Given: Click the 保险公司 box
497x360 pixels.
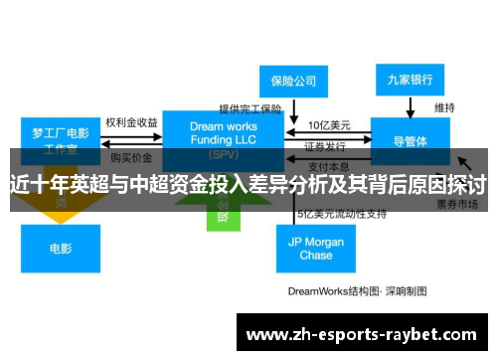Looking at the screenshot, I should tap(294, 80).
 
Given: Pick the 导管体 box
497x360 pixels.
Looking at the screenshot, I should tap(410, 140).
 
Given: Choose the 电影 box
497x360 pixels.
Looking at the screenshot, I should tap(61, 249).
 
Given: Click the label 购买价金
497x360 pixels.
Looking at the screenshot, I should tap(131, 157).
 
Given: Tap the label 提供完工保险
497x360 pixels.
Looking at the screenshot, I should tap(250, 108).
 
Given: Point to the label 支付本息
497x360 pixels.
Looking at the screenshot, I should tap(327, 165).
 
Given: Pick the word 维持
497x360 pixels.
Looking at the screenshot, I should tap(444, 106).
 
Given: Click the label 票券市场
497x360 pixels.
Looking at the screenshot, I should tap(458, 203).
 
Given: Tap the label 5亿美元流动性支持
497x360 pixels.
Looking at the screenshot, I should tap(342, 214).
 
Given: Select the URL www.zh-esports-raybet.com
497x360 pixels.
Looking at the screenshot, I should tap(361, 335).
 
